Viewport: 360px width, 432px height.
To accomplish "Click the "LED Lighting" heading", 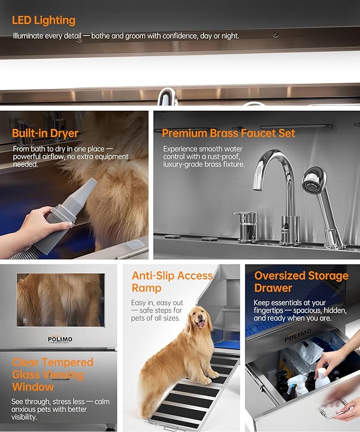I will coord(43,21).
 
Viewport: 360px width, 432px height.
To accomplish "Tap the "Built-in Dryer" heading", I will coord(45,133).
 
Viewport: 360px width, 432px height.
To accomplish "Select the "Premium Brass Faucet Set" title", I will coord(228,133).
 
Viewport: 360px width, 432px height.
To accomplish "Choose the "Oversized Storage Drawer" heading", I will coord(301,282).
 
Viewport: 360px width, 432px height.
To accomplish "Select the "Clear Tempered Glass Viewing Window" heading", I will coord(52,375).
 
